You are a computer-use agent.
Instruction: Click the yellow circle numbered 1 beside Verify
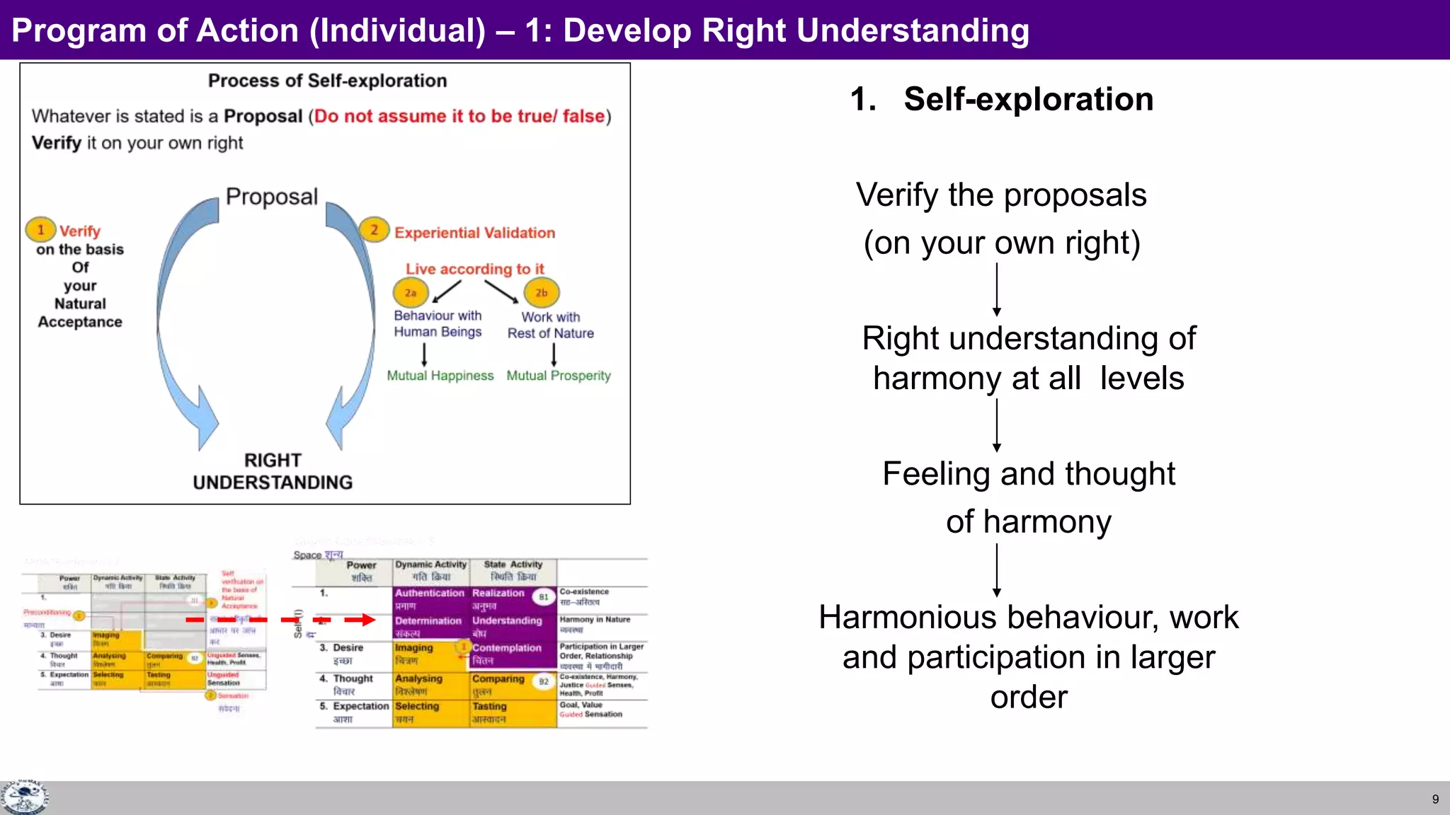pos(40,229)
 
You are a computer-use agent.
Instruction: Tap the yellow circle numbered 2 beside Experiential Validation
pos(374,229)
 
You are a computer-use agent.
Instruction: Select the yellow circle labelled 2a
pos(411,292)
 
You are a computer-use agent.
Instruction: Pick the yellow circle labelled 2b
pos(541,292)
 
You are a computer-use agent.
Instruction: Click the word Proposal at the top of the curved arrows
pos(272,196)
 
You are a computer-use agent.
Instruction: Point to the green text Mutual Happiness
pos(440,376)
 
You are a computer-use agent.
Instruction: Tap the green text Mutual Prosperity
pos(558,376)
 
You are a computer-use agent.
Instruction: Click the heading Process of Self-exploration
pos(327,81)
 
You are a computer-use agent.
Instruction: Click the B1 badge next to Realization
pos(543,597)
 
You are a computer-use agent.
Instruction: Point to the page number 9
pos(1435,799)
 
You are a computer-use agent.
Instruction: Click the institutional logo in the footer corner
pos(24,797)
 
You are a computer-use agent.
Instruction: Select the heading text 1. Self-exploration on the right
pos(1002,99)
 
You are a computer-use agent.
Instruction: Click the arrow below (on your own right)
pos(997,289)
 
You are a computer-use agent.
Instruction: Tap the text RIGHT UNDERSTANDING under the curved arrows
pos(273,471)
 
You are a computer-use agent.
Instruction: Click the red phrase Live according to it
pos(474,269)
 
